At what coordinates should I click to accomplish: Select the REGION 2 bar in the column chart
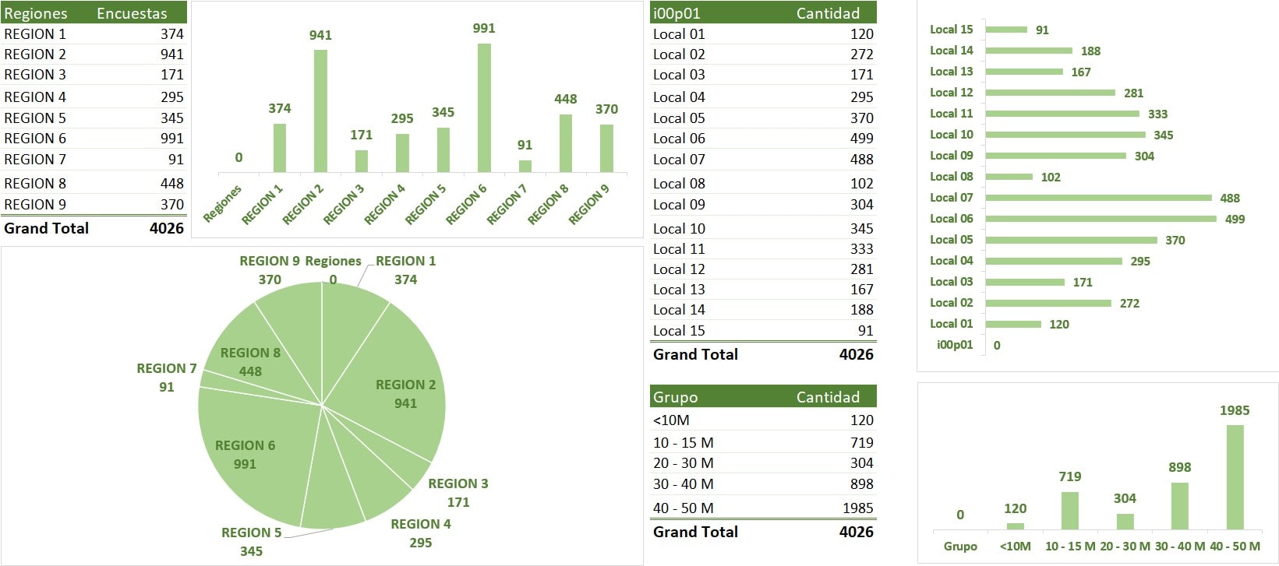[320, 111]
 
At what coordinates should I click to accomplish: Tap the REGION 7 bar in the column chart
[525, 166]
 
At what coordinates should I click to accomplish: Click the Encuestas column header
[132, 13]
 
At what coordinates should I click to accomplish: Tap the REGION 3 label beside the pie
[458, 483]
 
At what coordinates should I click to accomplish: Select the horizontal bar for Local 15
[1006, 30]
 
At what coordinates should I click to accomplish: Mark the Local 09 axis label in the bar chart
[951, 155]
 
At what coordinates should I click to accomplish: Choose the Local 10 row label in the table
[679, 229]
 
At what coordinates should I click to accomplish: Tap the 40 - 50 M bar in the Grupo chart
[1235, 477]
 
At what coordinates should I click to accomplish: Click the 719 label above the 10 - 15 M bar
[1070, 476]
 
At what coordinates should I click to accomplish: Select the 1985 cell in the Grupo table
[857, 508]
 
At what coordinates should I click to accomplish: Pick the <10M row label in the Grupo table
[671, 420]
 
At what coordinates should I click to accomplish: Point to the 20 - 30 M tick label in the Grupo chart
[1125, 547]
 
